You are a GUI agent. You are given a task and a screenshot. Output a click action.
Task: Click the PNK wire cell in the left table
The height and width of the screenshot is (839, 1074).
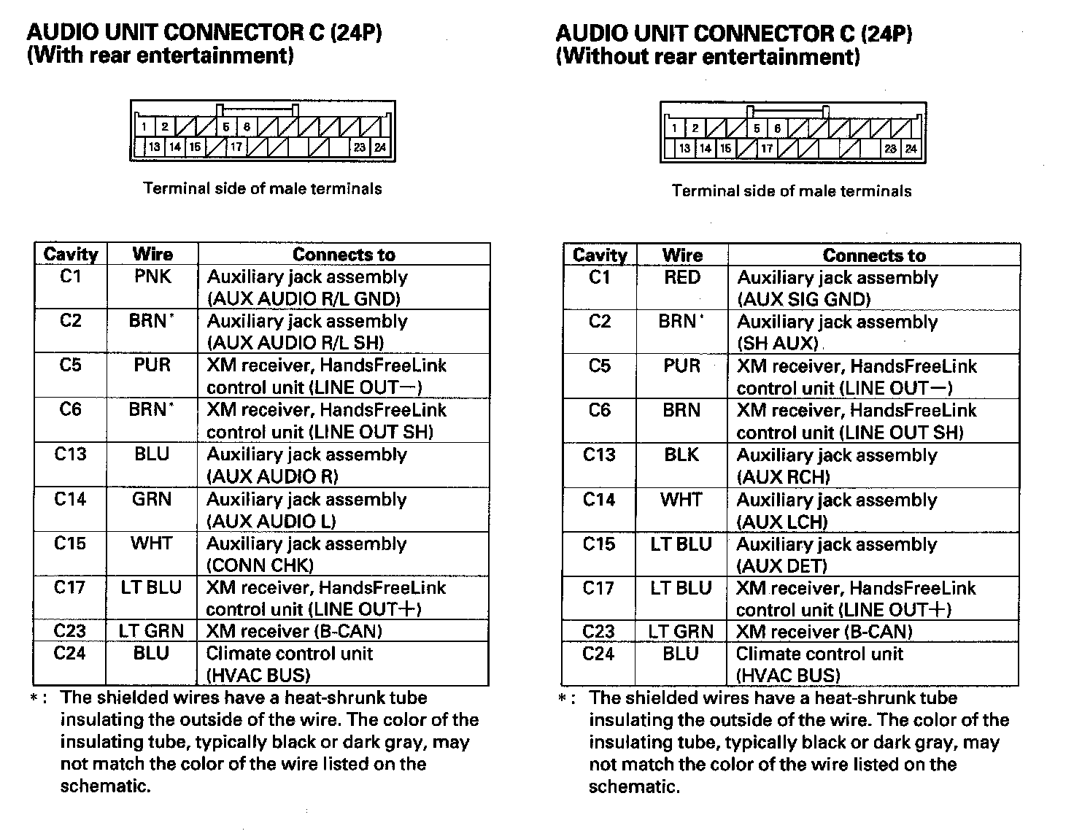tap(152, 277)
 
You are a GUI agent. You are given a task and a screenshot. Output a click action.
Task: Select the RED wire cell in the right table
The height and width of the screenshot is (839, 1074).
tap(682, 277)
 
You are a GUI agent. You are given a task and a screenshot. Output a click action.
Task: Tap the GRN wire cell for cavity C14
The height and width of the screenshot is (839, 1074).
tap(152, 499)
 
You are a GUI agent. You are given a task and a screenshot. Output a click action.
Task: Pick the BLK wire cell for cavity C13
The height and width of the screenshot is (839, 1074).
tap(681, 455)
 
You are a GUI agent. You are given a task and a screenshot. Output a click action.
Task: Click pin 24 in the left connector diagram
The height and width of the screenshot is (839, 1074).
tap(380, 147)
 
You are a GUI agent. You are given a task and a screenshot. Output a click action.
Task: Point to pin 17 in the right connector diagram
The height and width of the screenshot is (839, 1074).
tap(767, 149)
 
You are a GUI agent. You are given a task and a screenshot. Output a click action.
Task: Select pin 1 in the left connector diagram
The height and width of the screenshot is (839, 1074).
tap(144, 127)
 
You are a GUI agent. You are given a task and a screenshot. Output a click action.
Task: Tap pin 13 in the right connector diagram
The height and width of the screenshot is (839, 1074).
tap(684, 149)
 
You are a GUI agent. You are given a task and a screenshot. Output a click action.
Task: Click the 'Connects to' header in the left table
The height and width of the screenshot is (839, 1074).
tap(344, 255)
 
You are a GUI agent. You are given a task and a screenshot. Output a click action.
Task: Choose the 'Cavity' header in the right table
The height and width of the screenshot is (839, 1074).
tap(600, 255)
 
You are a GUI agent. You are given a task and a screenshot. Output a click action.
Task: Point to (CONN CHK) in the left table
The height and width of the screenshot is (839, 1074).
tap(260, 565)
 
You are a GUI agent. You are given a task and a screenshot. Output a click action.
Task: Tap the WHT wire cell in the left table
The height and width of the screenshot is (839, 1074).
tap(152, 544)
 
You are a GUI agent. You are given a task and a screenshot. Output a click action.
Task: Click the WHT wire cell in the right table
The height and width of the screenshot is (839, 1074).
tap(681, 500)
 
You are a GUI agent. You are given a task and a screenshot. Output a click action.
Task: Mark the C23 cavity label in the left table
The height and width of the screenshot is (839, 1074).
tap(70, 631)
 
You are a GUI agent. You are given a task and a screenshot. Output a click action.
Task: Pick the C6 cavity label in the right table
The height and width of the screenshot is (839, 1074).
tap(599, 410)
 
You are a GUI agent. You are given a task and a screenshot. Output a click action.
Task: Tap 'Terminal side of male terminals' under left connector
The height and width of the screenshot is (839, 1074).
tap(263, 189)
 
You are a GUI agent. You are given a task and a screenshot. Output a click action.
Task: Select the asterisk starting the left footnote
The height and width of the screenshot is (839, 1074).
tap(34, 699)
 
